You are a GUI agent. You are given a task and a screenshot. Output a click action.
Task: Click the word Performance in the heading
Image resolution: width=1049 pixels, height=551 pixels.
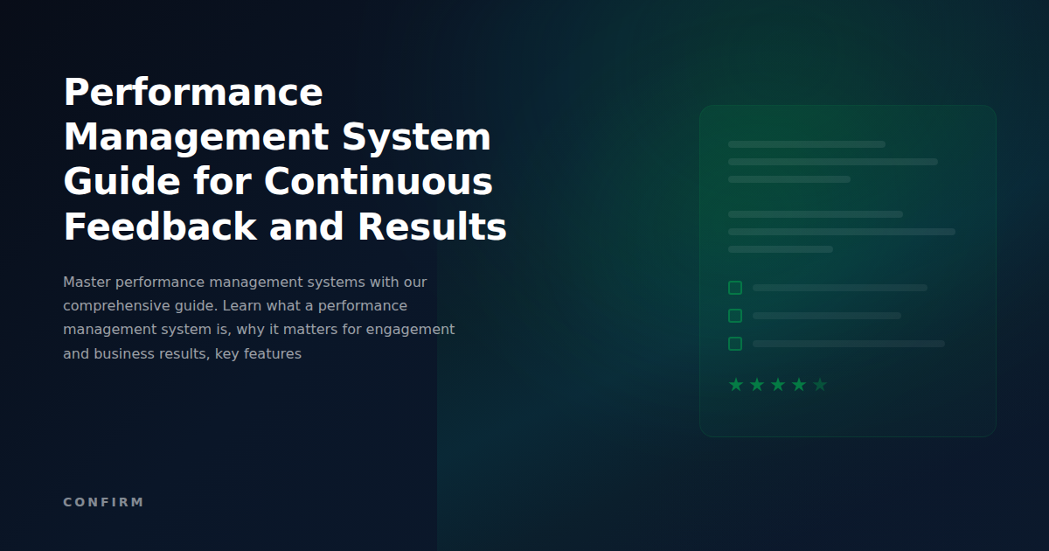pyautogui.click(x=193, y=93)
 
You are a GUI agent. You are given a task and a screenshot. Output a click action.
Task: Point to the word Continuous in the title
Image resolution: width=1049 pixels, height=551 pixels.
pyautogui.click(x=379, y=182)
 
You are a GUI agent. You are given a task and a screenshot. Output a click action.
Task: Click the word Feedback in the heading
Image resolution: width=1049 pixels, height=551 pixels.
pyautogui.click(x=160, y=227)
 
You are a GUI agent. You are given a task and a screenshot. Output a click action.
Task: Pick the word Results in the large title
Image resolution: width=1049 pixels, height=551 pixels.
pyautogui.click(x=432, y=227)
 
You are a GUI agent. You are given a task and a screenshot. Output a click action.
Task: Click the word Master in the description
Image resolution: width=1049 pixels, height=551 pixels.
pyautogui.click(x=87, y=282)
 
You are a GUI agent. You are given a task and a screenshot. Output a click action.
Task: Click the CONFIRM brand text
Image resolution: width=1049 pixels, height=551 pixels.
pyautogui.click(x=103, y=502)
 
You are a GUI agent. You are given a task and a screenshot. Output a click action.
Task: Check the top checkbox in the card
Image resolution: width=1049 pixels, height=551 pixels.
pyautogui.click(x=735, y=288)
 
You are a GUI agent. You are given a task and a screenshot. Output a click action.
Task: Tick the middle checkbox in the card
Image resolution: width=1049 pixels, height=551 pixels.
pyautogui.click(x=735, y=316)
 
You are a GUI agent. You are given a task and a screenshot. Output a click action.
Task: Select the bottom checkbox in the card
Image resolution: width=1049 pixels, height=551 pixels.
pyautogui.click(x=735, y=344)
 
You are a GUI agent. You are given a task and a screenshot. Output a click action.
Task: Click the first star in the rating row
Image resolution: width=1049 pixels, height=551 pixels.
pyautogui.click(x=736, y=385)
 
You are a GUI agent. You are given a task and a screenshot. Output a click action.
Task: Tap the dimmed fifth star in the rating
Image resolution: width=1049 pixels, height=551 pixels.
pyautogui.click(x=820, y=385)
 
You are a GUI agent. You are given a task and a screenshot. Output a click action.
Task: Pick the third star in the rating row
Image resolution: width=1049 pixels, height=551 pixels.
pyautogui.click(x=778, y=385)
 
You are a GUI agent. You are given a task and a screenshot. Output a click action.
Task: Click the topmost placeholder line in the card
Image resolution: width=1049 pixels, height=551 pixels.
pyautogui.click(x=806, y=144)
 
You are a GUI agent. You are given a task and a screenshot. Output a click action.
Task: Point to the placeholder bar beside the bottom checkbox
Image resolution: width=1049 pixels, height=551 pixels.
pyautogui.click(x=848, y=344)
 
